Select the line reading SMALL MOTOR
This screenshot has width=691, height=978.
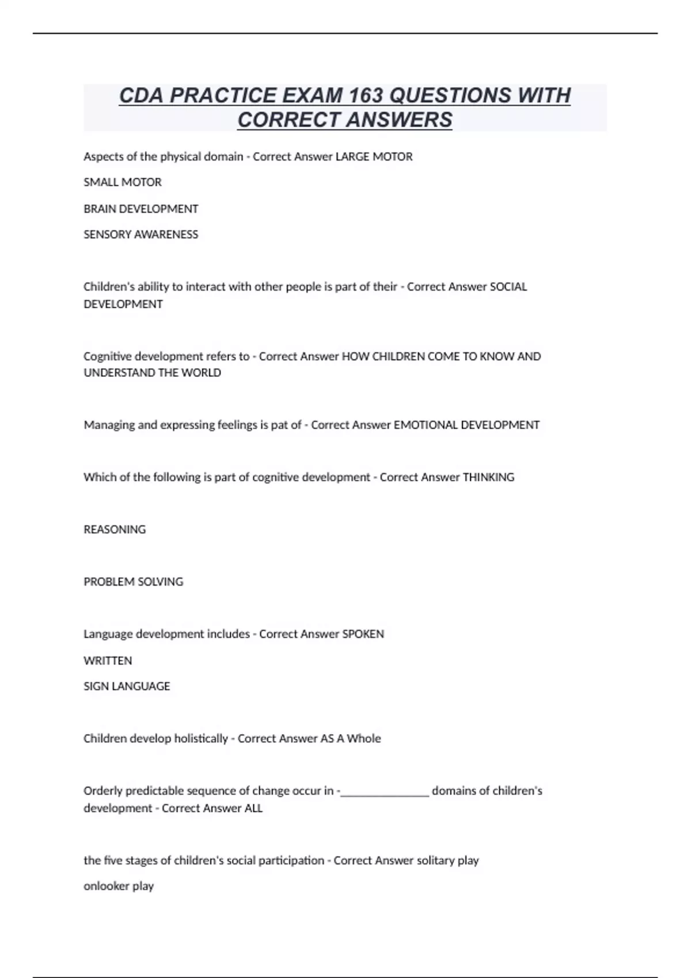click(123, 182)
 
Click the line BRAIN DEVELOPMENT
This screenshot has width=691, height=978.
click(141, 209)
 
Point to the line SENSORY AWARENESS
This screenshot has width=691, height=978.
click(141, 235)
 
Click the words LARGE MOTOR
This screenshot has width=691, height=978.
click(374, 156)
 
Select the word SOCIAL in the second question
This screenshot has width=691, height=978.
click(508, 286)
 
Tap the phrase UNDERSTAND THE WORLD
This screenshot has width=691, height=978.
click(153, 373)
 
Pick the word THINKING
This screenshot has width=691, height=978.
click(488, 477)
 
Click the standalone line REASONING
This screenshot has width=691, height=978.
click(115, 529)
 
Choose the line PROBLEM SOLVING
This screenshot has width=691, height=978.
click(134, 582)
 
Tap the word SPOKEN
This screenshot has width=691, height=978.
click(363, 634)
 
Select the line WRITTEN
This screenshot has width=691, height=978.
click(108, 660)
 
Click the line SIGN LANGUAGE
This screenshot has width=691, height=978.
click(127, 686)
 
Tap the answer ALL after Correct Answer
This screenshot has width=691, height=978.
click(253, 808)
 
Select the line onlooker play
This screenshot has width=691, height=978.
click(119, 886)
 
